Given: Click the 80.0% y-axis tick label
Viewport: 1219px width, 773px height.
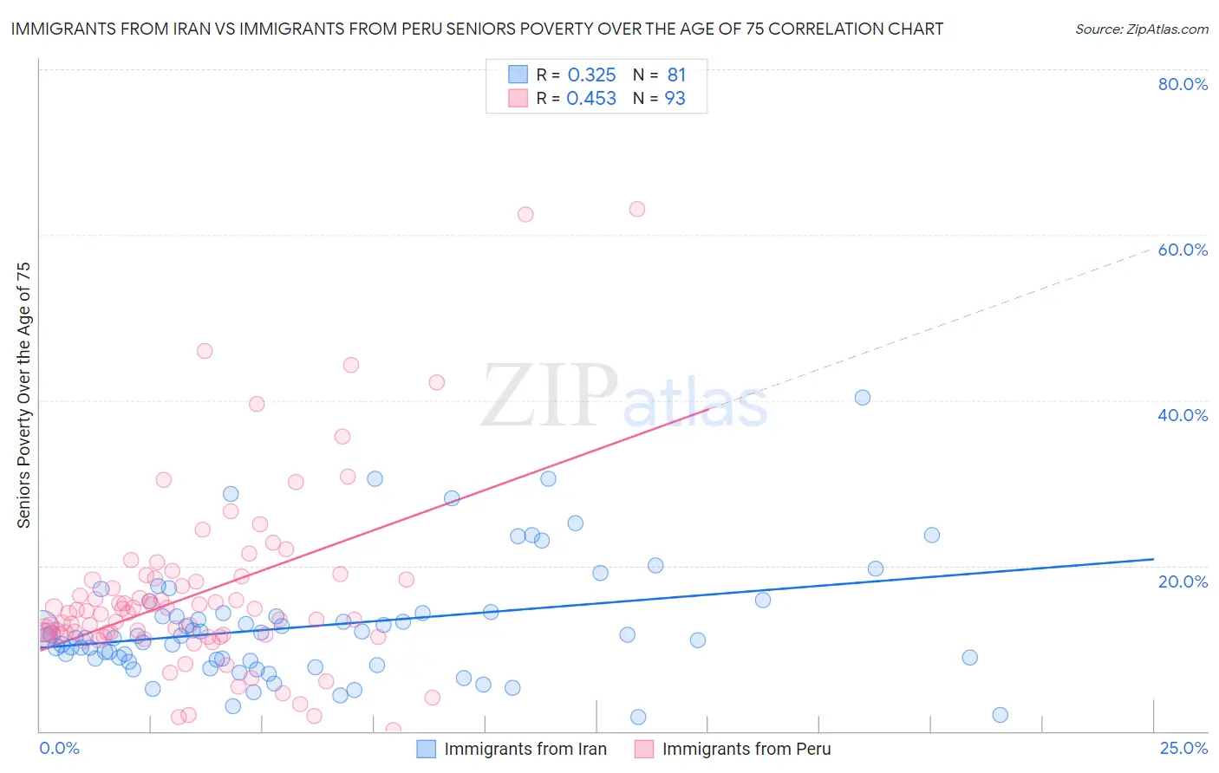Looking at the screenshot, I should tap(1183, 84).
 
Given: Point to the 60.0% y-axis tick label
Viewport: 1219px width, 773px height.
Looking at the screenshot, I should tap(1183, 250).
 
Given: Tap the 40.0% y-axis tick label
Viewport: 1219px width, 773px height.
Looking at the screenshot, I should tap(1183, 415).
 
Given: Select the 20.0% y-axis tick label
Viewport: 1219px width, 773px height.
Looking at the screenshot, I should tap(1183, 581).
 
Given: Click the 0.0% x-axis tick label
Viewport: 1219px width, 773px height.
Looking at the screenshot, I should tap(59, 748).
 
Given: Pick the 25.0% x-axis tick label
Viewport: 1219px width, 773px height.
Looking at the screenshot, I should tap(1183, 748).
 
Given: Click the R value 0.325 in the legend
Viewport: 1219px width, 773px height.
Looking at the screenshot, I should tap(591, 75).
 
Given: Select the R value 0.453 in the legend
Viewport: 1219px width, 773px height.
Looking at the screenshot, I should tap(591, 99).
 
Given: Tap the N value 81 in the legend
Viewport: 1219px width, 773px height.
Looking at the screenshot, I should tap(676, 75).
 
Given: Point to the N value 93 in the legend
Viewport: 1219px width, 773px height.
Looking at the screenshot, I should tap(675, 99).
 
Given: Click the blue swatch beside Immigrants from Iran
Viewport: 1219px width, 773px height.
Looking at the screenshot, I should tap(426, 749).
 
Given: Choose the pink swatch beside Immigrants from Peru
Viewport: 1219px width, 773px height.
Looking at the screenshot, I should tap(643, 749).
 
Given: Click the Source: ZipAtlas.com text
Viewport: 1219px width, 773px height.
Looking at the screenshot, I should tap(1141, 29).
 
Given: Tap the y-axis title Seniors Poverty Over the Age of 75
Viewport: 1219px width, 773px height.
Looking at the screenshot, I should tap(23, 394).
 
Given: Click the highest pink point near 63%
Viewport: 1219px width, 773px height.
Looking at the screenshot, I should tap(637, 209).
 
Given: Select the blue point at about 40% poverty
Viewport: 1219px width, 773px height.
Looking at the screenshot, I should tap(863, 398).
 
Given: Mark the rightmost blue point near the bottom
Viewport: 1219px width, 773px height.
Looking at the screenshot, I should tap(1000, 715).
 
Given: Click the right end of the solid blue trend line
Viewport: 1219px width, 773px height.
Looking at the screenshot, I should tap(1153, 560).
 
